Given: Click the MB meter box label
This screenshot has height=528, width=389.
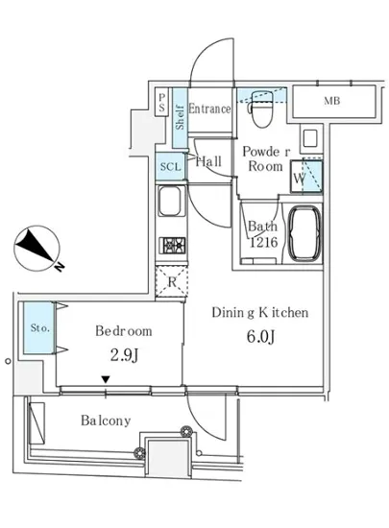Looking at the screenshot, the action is click(332, 101).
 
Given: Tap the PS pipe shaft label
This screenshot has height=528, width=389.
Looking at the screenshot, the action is click(162, 102).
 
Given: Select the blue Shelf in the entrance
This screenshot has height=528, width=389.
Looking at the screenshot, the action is click(181, 117).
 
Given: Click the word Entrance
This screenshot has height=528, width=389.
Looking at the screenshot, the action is click(209, 108).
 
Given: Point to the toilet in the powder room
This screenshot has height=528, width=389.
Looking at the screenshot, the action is click(261, 108).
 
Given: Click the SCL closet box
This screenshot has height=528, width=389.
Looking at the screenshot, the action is click(170, 166).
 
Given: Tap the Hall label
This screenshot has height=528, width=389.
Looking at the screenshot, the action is click(208, 161).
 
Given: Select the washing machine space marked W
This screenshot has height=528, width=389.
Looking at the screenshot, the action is click(306, 177).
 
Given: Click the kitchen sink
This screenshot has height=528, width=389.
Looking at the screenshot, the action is click(171, 201).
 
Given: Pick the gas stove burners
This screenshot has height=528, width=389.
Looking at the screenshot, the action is click(173, 245).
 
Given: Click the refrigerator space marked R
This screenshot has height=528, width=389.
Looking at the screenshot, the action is click(172, 281).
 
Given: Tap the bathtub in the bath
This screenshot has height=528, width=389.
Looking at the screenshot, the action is click(305, 233).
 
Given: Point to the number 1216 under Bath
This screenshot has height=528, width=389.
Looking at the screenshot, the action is click(263, 242).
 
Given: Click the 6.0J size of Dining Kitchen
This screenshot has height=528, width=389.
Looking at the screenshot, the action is click(260, 336).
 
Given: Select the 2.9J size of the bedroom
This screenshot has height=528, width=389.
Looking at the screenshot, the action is click(125, 355).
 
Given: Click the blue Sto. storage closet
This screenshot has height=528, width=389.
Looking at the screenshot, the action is click(38, 327).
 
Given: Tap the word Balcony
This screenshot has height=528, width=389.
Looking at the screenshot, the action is click(106, 420).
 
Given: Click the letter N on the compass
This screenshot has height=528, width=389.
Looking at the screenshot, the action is click(60, 267).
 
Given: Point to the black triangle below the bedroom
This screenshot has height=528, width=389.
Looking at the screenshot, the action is click(106, 379).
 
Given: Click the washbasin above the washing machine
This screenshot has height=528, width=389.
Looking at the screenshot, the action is click(310, 138).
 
